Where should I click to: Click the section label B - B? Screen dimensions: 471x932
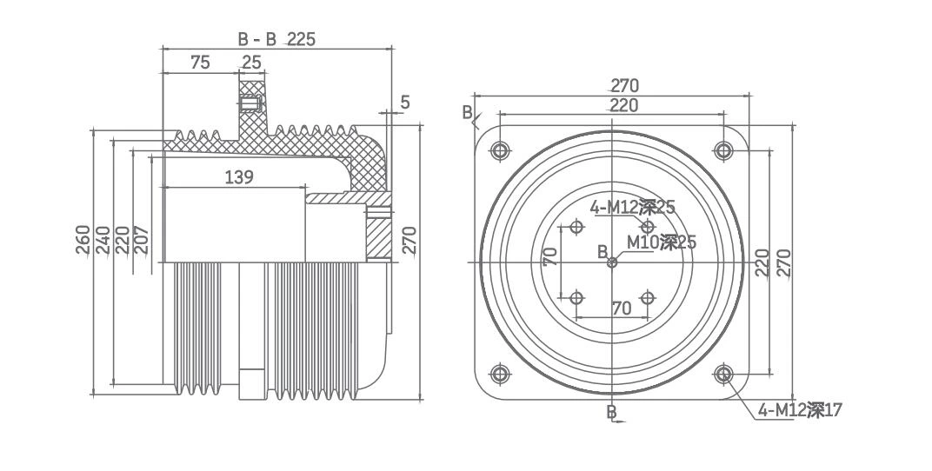[257, 39]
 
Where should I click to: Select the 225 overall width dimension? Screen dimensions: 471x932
[301, 39]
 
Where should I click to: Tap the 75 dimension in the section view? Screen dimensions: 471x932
[200, 63]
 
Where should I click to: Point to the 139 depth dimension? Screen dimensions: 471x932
[239, 177]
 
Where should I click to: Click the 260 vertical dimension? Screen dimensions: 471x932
[83, 240]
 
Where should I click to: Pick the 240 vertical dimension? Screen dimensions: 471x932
[103, 240]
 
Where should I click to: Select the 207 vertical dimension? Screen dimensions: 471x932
[142, 240]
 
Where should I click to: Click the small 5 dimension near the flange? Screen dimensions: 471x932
[405, 103]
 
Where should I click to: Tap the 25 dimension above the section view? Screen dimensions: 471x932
[251, 63]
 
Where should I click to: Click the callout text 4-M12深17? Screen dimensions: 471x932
[800, 410]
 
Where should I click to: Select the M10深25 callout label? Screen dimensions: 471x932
[662, 242]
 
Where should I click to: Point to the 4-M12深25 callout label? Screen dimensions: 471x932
[632, 208]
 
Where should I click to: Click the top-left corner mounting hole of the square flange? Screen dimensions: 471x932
[500, 151]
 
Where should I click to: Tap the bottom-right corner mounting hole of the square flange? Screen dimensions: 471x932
[723, 375]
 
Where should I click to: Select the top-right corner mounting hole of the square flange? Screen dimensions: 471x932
[723, 151]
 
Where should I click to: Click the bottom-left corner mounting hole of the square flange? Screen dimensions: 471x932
[500, 375]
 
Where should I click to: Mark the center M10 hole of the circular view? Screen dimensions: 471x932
[612, 262]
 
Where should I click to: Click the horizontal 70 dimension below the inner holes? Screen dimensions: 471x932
[621, 308]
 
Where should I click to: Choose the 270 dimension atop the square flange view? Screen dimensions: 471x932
[624, 85]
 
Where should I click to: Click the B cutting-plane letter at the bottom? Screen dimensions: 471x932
[611, 411]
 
